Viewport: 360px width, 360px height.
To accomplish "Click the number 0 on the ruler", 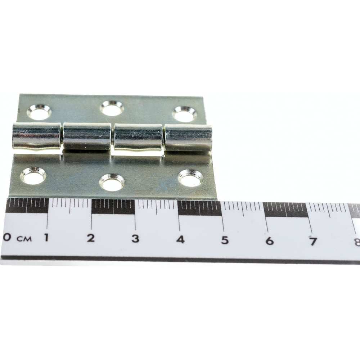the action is pos(6,237).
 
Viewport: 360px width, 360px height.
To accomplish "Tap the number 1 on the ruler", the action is pos(46,237).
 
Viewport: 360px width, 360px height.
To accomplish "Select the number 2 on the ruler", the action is pos(91,238).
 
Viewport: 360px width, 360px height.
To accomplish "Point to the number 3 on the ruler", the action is pos(135,239).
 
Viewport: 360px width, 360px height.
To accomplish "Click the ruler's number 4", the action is pos(180,239).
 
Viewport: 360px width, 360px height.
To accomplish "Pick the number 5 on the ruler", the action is pos(225,240).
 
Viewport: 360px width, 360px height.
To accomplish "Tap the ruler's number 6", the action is pos(270,241).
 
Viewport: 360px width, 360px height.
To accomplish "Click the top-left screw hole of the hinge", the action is pos(39,112).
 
